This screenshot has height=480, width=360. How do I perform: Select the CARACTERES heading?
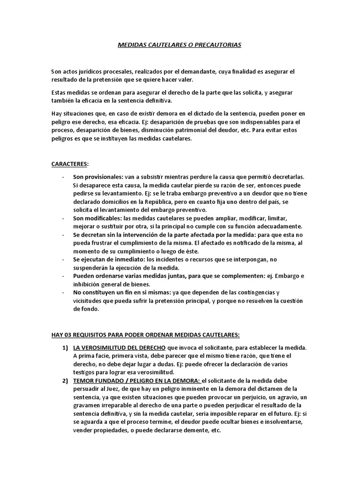pyautogui.click(x=69, y=164)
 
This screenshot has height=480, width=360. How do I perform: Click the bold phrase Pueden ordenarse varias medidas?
pyautogui.click(x=120, y=276)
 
